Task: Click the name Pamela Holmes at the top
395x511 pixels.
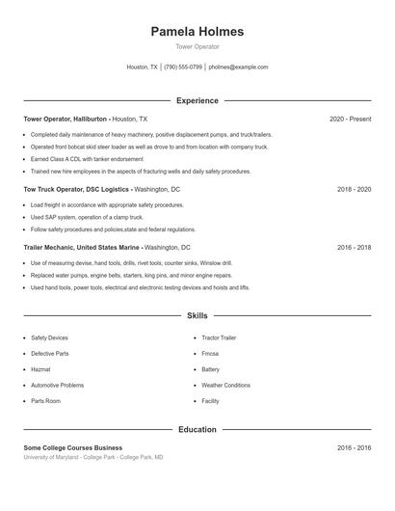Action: pos(197,32)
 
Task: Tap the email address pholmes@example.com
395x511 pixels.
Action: pos(238,67)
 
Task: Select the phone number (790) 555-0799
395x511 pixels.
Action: pos(183,67)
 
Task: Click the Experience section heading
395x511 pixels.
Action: pos(197,100)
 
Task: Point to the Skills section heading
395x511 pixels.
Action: pos(197,315)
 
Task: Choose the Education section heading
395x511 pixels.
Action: pos(197,429)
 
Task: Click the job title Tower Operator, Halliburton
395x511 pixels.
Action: pos(66,119)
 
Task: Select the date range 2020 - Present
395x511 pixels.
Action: pos(350,119)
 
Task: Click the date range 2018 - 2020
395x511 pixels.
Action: pos(354,190)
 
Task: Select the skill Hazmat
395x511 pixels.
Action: pos(40,369)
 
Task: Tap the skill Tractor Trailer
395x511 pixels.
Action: pos(218,338)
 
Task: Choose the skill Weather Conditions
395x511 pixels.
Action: pos(225,385)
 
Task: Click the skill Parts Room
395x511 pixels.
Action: pos(45,400)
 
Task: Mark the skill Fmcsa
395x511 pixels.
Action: pos(211,354)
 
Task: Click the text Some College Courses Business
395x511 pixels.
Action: pos(73,447)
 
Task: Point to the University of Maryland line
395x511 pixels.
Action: pos(93,457)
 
